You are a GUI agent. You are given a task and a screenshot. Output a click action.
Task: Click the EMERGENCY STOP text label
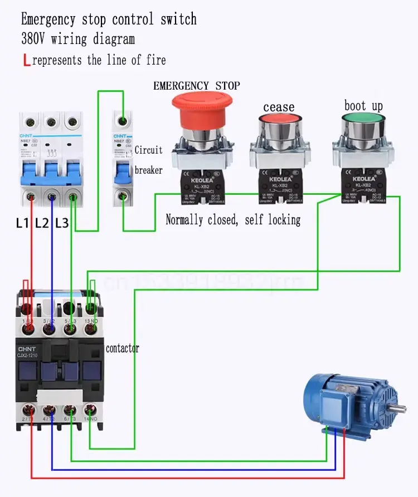point(196,86)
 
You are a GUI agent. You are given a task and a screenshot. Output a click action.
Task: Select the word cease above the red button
point(279,106)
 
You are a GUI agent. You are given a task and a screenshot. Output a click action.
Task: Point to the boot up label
point(363,106)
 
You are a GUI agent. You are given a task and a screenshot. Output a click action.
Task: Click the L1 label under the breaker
point(22,224)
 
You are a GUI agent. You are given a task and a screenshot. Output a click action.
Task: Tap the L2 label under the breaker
point(42,224)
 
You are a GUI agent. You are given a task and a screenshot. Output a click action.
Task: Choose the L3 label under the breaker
point(61,224)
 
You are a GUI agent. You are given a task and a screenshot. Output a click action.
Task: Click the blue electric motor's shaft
point(403,410)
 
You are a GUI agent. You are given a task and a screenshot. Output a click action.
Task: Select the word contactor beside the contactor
point(123,348)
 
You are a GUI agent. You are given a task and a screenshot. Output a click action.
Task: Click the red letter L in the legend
point(26,60)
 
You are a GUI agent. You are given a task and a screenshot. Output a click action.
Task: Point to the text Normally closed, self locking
point(233,220)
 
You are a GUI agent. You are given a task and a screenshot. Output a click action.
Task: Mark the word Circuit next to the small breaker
point(148,150)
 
